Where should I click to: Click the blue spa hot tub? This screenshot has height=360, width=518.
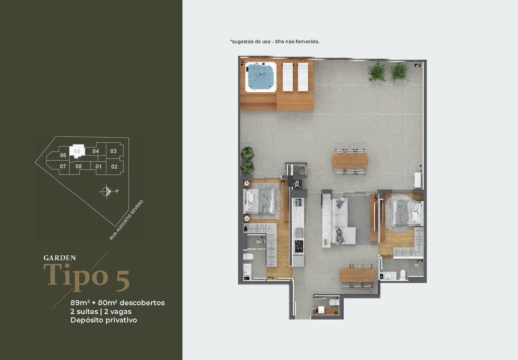(x=261, y=77)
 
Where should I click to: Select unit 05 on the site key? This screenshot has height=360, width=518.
(x=77, y=151)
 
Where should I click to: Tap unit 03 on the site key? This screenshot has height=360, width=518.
(x=113, y=151)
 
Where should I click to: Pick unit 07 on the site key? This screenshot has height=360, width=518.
(x=63, y=166)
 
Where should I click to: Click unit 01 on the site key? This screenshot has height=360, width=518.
(x=98, y=167)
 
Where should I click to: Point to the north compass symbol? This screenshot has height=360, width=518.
(x=106, y=191)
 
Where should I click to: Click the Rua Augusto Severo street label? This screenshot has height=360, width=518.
(x=126, y=220)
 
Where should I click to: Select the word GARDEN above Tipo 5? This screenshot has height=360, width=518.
(x=60, y=258)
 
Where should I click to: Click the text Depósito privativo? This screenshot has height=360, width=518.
(x=104, y=320)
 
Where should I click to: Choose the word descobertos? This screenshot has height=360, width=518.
(x=142, y=303)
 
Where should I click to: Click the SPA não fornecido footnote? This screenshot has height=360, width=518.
(x=275, y=42)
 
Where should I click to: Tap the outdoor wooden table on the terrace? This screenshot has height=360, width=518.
(x=349, y=161)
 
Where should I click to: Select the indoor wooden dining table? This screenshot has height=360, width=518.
(x=357, y=275)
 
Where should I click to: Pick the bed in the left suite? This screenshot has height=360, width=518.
(x=259, y=201)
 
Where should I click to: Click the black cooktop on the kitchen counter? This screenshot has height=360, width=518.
(x=299, y=247)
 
